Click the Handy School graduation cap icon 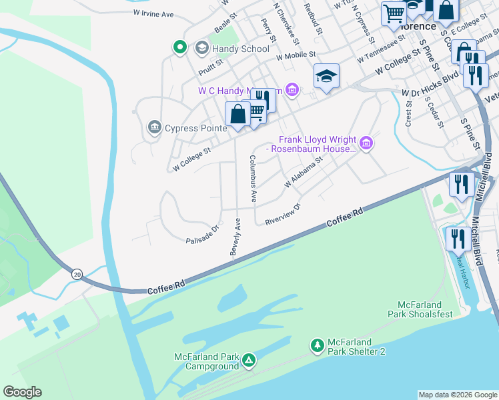[201, 49]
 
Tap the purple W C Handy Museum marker [291, 89]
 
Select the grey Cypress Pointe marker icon [155, 127]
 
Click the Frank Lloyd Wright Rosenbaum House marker [366, 143]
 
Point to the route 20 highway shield [77, 274]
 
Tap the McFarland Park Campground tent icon [248, 361]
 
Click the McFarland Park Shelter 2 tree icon [318, 345]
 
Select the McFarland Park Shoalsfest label [421, 309]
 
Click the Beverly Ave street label [235, 236]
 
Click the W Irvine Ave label [153, 13]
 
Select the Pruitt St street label [210, 65]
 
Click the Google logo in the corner [22, 392]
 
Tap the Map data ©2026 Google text [457, 395]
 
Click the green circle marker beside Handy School [179, 47]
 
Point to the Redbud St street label [313, 22]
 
